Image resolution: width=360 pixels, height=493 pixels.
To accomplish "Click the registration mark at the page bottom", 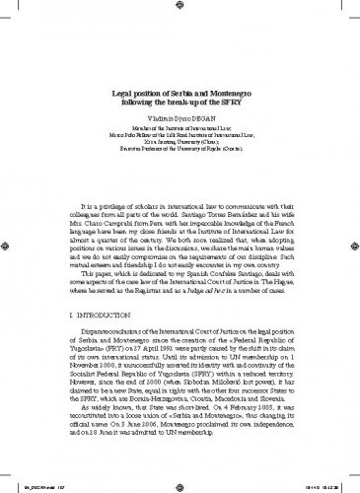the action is pos(180,482).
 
